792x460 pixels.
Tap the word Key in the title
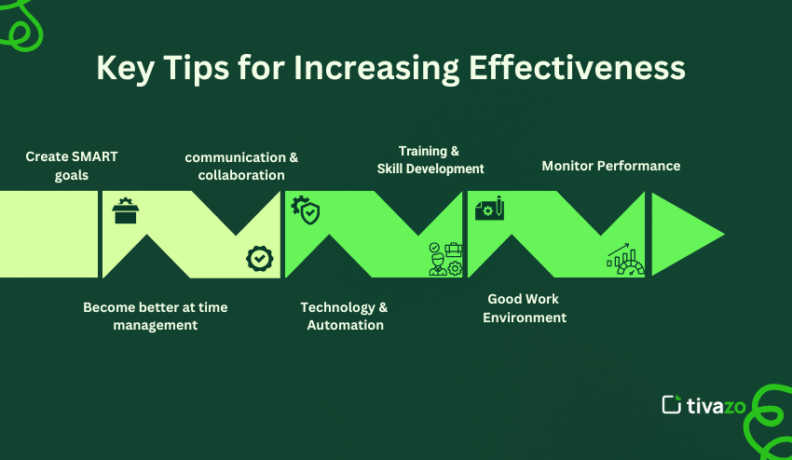click(127, 69)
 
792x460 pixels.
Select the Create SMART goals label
click(72, 166)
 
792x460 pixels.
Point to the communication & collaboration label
click(241, 166)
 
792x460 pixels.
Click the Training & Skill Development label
click(430, 159)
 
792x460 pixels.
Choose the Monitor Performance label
click(611, 166)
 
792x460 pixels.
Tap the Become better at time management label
click(155, 316)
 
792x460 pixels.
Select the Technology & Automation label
click(345, 316)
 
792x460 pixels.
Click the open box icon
click(125, 211)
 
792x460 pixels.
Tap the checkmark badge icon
click(260, 258)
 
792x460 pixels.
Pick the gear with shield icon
click(306, 210)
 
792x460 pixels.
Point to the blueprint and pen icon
click(489, 209)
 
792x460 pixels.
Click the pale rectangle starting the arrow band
click(48, 234)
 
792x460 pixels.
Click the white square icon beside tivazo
click(671, 404)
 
